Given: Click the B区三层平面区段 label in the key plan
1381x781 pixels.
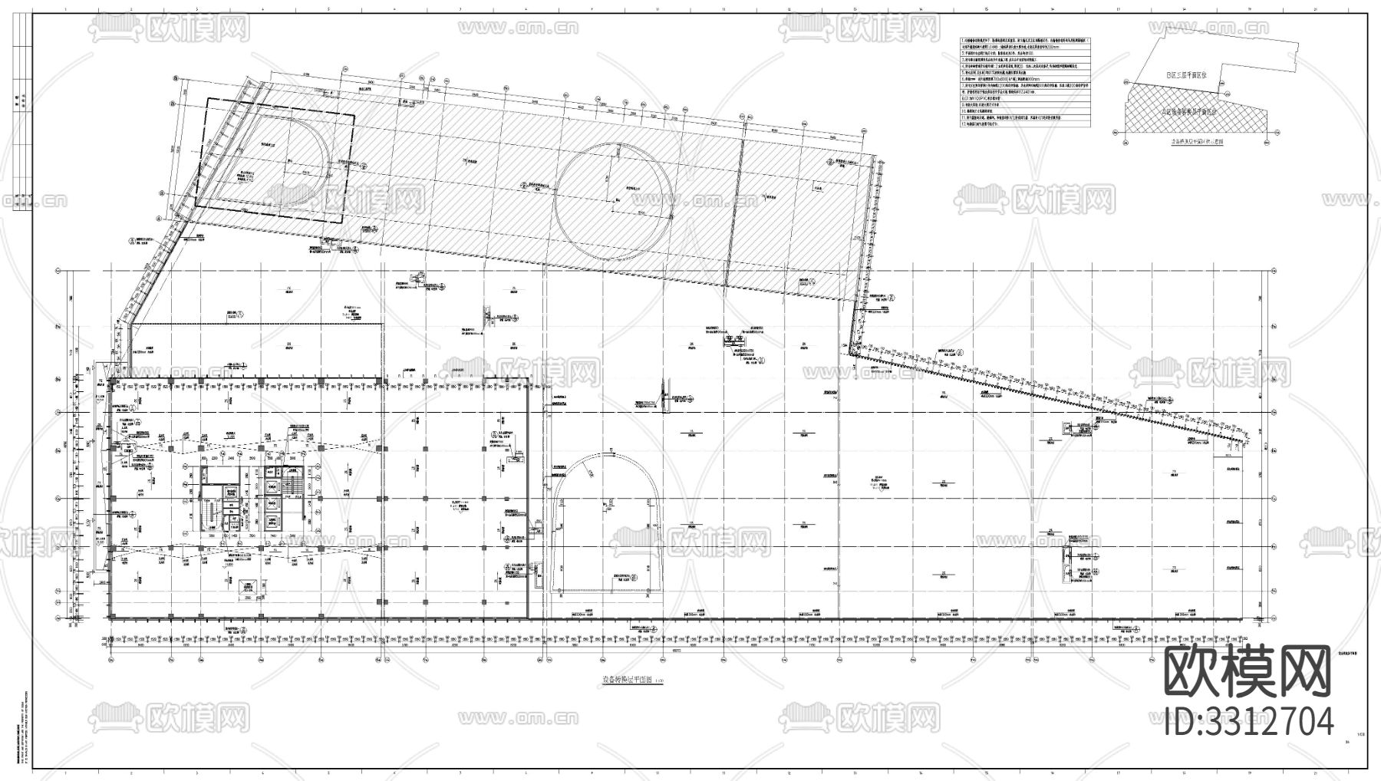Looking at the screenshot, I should [1186, 75].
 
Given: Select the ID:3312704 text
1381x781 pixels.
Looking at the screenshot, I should [1248, 722].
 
